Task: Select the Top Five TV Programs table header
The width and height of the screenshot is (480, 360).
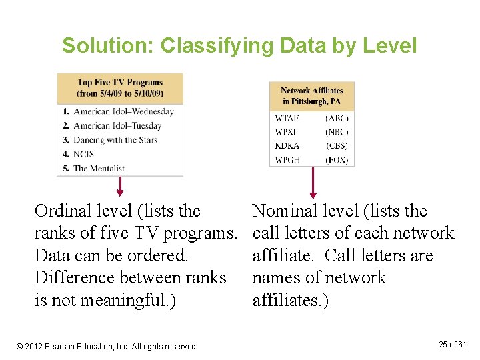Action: (x=120, y=88)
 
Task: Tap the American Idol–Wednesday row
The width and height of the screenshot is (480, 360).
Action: (x=123, y=111)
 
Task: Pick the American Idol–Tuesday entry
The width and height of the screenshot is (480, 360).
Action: (x=117, y=125)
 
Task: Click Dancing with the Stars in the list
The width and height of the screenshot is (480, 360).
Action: (x=115, y=140)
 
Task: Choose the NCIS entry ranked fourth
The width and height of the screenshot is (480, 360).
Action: (x=83, y=154)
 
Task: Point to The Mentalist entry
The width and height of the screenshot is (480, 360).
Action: (x=104, y=168)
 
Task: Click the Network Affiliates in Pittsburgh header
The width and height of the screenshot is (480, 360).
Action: (x=311, y=96)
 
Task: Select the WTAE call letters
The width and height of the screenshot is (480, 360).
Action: (x=287, y=118)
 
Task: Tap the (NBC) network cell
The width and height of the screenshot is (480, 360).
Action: (x=337, y=132)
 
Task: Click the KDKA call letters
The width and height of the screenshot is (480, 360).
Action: (x=287, y=146)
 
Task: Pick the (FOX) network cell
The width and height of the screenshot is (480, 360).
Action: (x=337, y=160)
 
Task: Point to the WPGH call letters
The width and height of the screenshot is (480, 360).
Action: (x=287, y=160)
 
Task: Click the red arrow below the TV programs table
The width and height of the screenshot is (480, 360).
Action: (x=120, y=185)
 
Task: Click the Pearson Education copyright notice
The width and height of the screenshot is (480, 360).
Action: (x=107, y=347)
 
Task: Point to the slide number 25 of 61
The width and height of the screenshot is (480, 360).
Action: (x=453, y=344)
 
